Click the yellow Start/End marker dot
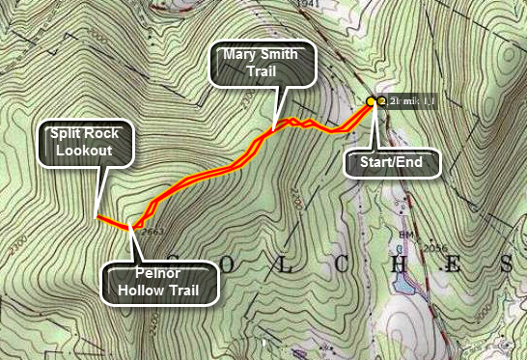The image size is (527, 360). (372, 100)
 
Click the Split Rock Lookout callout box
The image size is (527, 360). (85, 143)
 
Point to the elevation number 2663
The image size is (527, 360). (150, 232)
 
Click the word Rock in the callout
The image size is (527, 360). (105, 135)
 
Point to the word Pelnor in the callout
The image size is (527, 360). (160, 273)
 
